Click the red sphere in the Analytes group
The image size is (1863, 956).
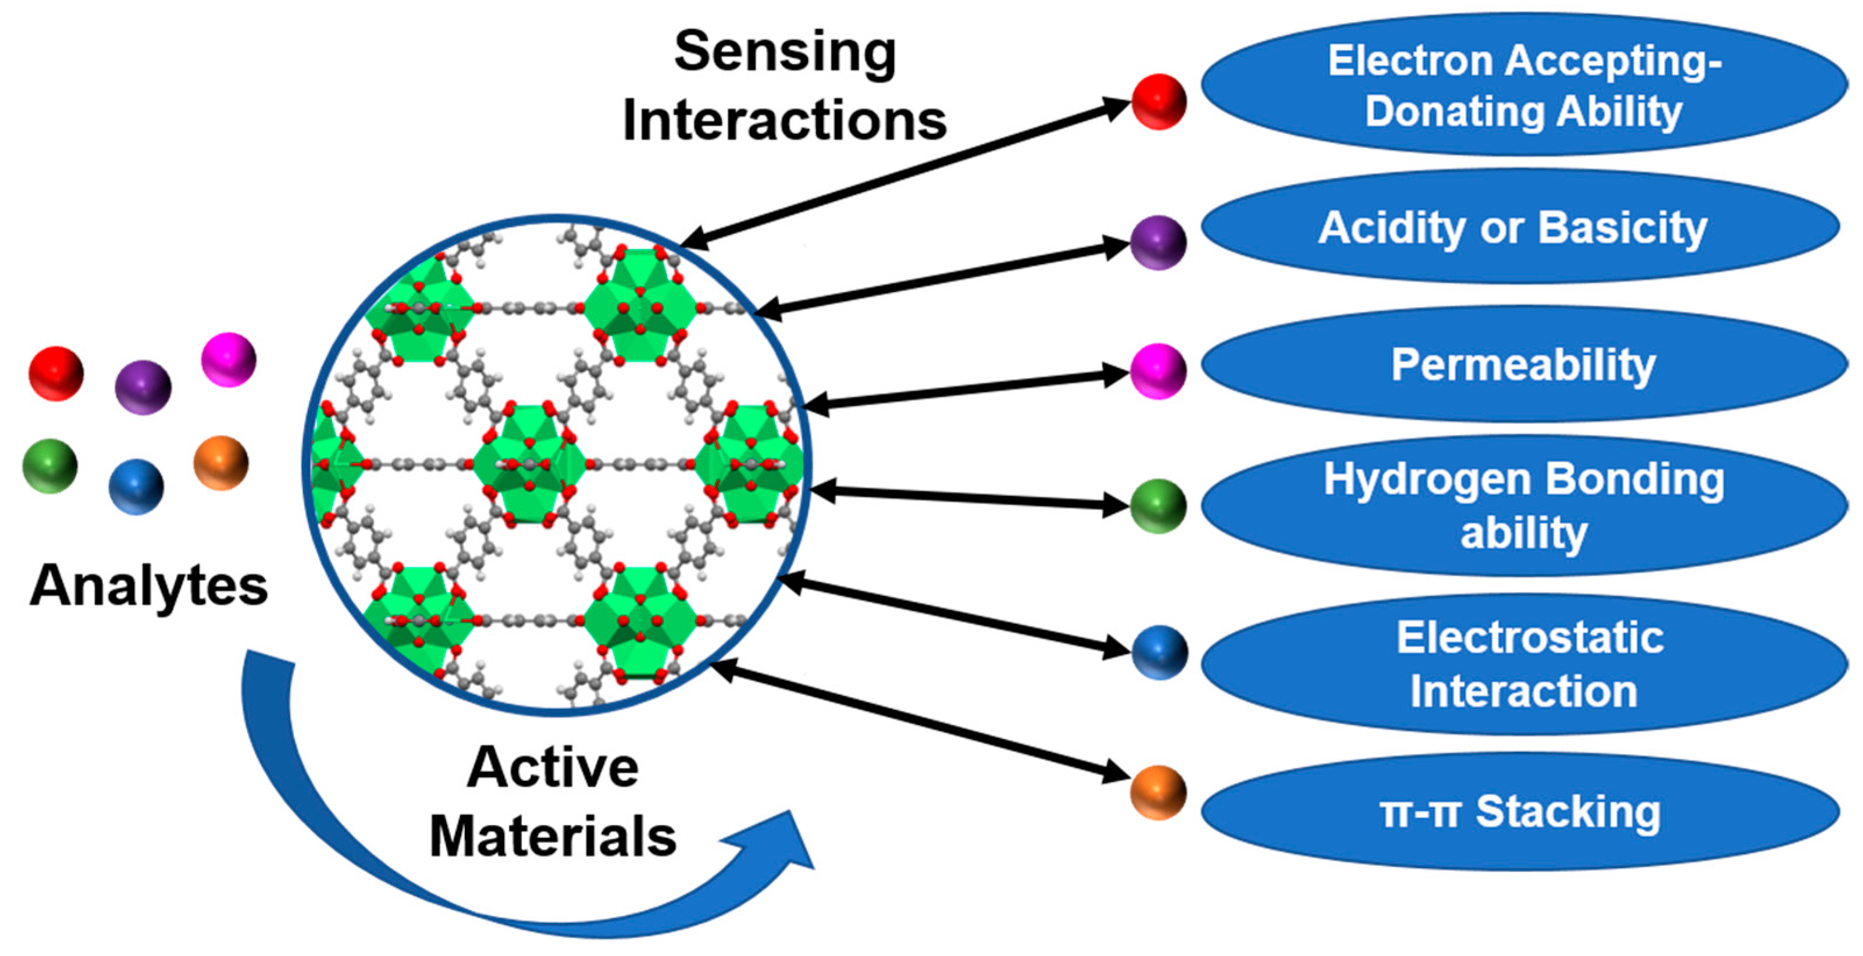pyautogui.click(x=56, y=373)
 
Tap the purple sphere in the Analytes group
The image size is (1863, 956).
pyautogui.click(x=143, y=387)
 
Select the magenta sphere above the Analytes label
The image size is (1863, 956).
pyautogui.click(x=229, y=359)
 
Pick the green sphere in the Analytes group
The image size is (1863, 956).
pyautogui.click(x=50, y=466)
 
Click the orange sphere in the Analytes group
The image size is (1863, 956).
pyautogui.click(x=220, y=463)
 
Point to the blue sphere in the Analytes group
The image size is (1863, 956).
pyautogui.click(x=136, y=487)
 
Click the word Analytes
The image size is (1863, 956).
pyautogui.click(x=148, y=585)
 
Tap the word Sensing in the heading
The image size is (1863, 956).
pyautogui.click(x=785, y=52)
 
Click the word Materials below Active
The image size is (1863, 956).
pyautogui.click(x=553, y=837)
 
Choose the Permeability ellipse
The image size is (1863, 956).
pyautogui.click(x=1524, y=364)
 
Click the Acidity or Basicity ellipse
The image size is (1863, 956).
pyautogui.click(x=1519, y=227)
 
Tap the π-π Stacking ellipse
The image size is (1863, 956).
pyautogui.click(x=1519, y=811)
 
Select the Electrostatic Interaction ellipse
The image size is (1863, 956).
pyautogui.click(x=1524, y=664)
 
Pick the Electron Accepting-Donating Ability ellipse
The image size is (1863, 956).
pyautogui.click(x=1524, y=84)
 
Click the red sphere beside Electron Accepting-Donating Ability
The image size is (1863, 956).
pyautogui.click(x=1159, y=101)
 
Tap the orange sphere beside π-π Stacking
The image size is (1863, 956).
pyautogui.click(x=1159, y=793)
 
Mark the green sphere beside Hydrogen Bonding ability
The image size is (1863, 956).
pyautogui.click(x=1158, y=506)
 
